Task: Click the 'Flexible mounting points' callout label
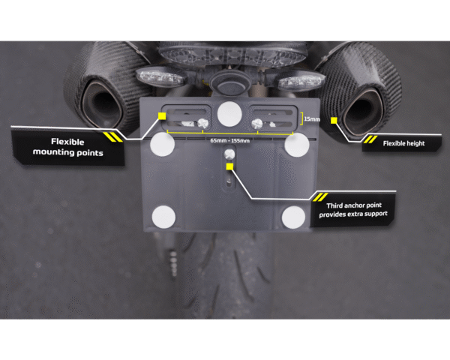tap(67, 147)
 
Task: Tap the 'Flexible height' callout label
tap(403, 143)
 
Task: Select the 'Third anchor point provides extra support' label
tap(353, 210)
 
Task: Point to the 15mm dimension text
tap(312, 118)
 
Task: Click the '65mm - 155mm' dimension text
tap(230, 141)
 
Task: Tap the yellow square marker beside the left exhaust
tap(162, 116)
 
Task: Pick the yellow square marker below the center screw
tap(229, 166)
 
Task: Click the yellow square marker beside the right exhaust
tap(334, 121)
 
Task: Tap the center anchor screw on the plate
tap(229, 154)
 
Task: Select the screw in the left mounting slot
tap(203, 124)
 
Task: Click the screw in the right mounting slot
tap(256, 124)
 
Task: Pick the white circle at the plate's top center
tap(229, 114)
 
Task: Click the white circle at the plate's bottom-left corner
tap(163, 217)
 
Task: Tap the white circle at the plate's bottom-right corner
tap(293, 217)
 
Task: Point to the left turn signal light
tap(160, 76)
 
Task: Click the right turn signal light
tap(301, 80)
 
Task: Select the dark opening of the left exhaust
tap(103, 104)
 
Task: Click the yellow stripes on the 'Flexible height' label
tap(370, 139)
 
